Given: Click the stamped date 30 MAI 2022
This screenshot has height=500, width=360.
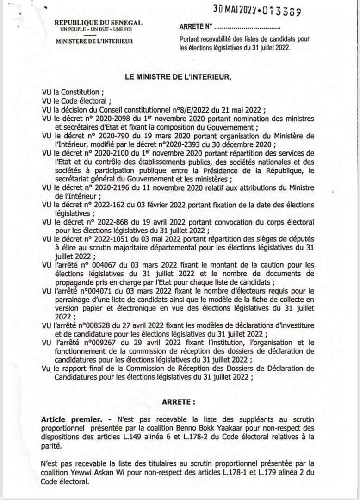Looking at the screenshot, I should tap(243, 8).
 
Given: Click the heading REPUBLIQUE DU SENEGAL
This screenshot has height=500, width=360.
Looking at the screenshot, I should tap(98, 23).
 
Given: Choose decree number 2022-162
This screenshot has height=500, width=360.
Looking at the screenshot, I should tap(107, 204).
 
